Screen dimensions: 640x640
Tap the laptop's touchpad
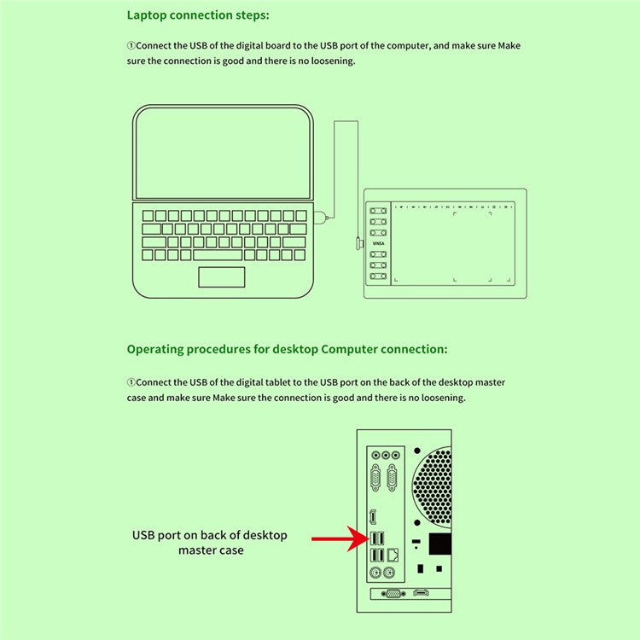click(222, 277)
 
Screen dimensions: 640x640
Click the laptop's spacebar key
click(218, 254)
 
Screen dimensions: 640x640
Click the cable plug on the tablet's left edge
click(358, 245)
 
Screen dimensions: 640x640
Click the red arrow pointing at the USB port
click(337, 539)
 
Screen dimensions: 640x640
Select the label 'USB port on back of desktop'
click(210, 536)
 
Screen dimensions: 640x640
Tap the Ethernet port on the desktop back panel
click(393, 555)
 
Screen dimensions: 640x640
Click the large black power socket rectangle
click(439, 543)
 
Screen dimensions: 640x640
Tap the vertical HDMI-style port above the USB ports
click(373, 518)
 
